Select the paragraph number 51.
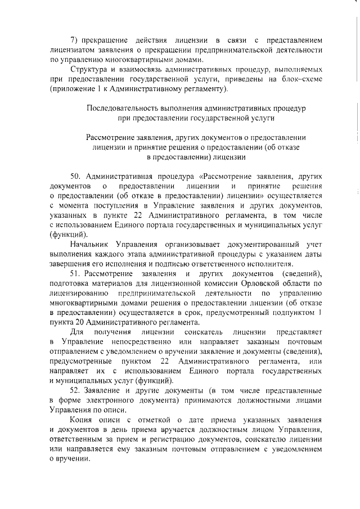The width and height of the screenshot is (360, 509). click(x=76, y=273)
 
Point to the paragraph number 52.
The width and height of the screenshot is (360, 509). click(x=76, y=390)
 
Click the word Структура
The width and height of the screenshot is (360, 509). click(x=89, y=69)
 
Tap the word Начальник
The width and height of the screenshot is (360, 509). click(x=91, y=245)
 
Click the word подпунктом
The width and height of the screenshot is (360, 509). click(x=292, y=313)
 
